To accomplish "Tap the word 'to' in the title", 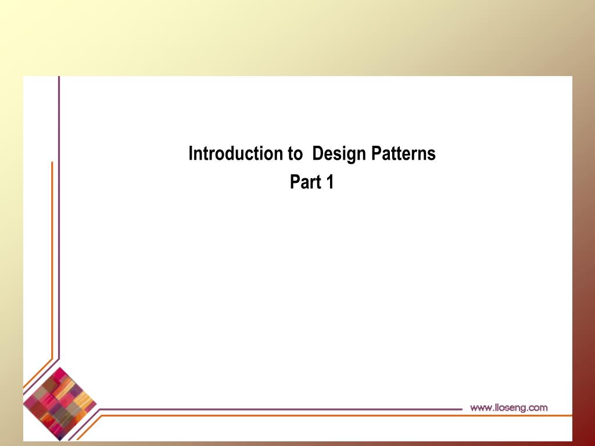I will [295, 154].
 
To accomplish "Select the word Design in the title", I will [339, 154].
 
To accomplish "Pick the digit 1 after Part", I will [329, 182].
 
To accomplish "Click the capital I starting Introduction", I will [191, 154].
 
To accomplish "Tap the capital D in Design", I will [317, 154].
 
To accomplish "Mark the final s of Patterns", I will [432, 155].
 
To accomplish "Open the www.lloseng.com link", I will [508, 408].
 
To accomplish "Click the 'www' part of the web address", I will [480, 408].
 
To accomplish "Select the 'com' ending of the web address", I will [537, 408].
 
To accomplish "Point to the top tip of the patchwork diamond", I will [60, 367].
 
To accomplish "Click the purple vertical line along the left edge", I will [59, 203].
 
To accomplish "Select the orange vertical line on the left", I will [52, 261].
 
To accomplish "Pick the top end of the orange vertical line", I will [52, 163].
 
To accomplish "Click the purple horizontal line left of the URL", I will [279, 409].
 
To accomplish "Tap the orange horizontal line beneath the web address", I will [349, 416].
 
